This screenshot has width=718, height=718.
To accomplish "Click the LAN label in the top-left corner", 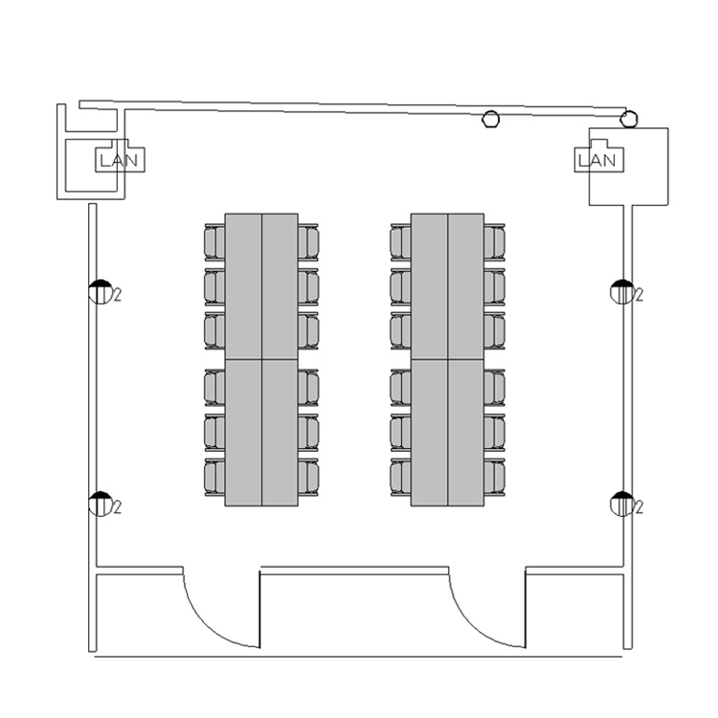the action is click(119, 160).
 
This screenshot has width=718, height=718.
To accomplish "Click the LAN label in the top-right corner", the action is click(597, 160).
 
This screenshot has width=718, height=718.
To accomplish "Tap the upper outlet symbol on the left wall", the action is click(101, 292).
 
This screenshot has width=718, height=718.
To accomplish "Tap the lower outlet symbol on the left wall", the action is click(101, 504).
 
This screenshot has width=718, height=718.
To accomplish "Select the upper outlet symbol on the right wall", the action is click(622, 292).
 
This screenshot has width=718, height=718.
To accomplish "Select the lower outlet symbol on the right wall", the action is click(622, 504).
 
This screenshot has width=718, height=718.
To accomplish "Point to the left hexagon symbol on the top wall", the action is click(491, 120).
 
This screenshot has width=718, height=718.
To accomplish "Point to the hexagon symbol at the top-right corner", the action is click(629, 119).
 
